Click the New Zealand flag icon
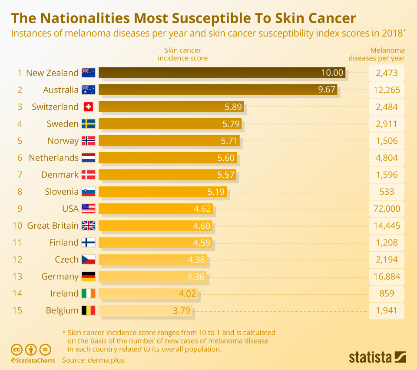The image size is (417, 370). (x=88, y=73)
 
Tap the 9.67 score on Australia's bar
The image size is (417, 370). (x=327, y=90)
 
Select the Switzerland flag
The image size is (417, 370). (x=88, y=107)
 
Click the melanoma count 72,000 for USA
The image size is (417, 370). (x=386, y=209)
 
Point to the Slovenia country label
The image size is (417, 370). (x=62, y=192)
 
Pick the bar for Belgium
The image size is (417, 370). (x=145, y=310)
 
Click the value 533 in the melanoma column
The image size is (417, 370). (x=386, y=192)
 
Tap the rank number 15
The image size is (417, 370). (x=17, y=310)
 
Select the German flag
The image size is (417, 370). (x=88, y=277)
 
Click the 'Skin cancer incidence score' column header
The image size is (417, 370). (x=182, y=54)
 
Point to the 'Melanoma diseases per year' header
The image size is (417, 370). (x=376, y=54)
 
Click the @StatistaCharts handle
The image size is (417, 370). (x=33, y=360)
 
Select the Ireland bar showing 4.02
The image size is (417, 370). (x=148, y=293)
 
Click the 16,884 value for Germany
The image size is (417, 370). (x=386, y=277)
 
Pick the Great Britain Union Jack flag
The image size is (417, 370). (x=88, y=226)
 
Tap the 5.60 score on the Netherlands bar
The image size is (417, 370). (x=226, y=158)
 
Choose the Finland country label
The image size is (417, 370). (x=64, y=243)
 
